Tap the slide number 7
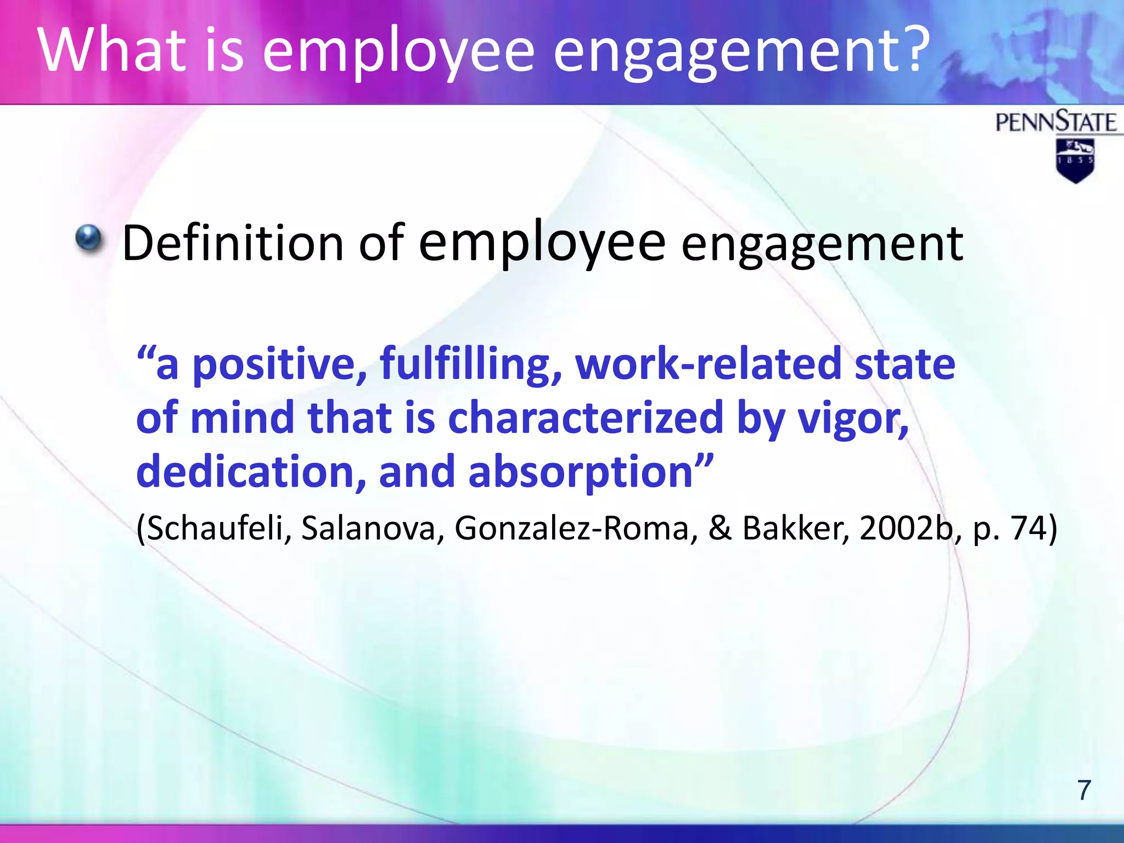[x=1084, y=790]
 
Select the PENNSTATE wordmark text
[x=1055, y=122]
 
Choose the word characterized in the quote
[x=586, y=418]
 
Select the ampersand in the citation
[x=720, y=528]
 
